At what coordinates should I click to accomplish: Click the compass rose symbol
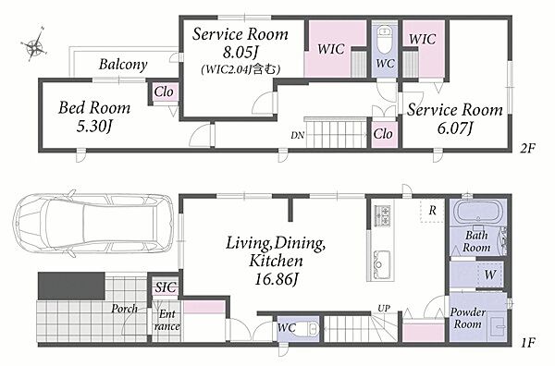pyautogui.click(x=34, y=45)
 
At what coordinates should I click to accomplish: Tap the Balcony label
pyautogui.click(x=123, y=65)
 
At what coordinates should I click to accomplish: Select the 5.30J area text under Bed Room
pyautogui.click(x=94, y=127)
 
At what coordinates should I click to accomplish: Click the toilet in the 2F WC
pyautogui.click(x=384, y=40)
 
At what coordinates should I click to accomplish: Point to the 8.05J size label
pyautogui.click(x=240, y=53)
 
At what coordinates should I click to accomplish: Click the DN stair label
pyautogui.click(x=297, y=135)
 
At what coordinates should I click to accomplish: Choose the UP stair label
pyautogui.click(x=384, y=309)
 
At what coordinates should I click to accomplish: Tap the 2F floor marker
pyautogui.click(x=527, y=148)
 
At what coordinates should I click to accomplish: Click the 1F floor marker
pyautogui.click(x=528, y=342)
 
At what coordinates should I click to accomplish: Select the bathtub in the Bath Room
pyautogui.click(x=478, y=213)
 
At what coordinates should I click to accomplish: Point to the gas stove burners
pyautogui.click(x=382, y=215)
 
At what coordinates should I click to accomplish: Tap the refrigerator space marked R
pyautogui.click(x=432, y=211)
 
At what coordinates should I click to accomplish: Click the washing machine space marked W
pyautogui.click(x=490, y=274)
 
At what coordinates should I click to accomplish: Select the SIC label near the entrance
pyautogui.click(x=166, y=287)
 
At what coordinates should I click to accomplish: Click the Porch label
pyautogui.click(x=124, y=309)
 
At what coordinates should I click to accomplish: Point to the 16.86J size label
pyautogui.click(x=276, y=280)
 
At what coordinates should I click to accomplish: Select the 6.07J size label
pyautogui.click(x=455, y=128)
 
